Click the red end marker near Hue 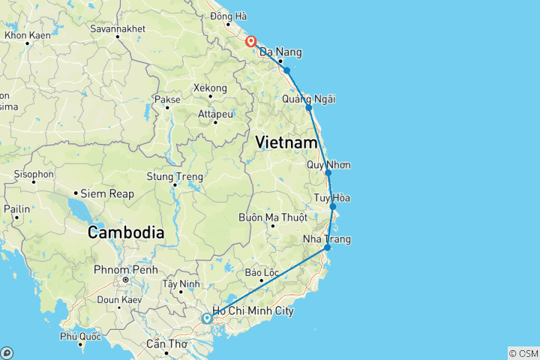click(250, 41)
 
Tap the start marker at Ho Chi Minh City click(206, 319)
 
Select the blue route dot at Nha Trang click(327, 247)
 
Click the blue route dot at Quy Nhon click(328, 172)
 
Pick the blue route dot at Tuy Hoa click(333, 206)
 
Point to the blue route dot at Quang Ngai click(309, 108)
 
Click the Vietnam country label click(286, 141)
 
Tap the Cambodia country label click(125, 232)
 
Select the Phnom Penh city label click(124, 269)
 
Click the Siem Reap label click(109, 193)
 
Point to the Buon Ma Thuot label click(272, 217)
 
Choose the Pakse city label click(166, 99)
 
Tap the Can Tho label click(166, 344)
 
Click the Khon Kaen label click(28, 35)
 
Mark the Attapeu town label click(215, 114)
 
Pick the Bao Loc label click(261, 272)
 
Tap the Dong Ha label click(229, 16)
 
